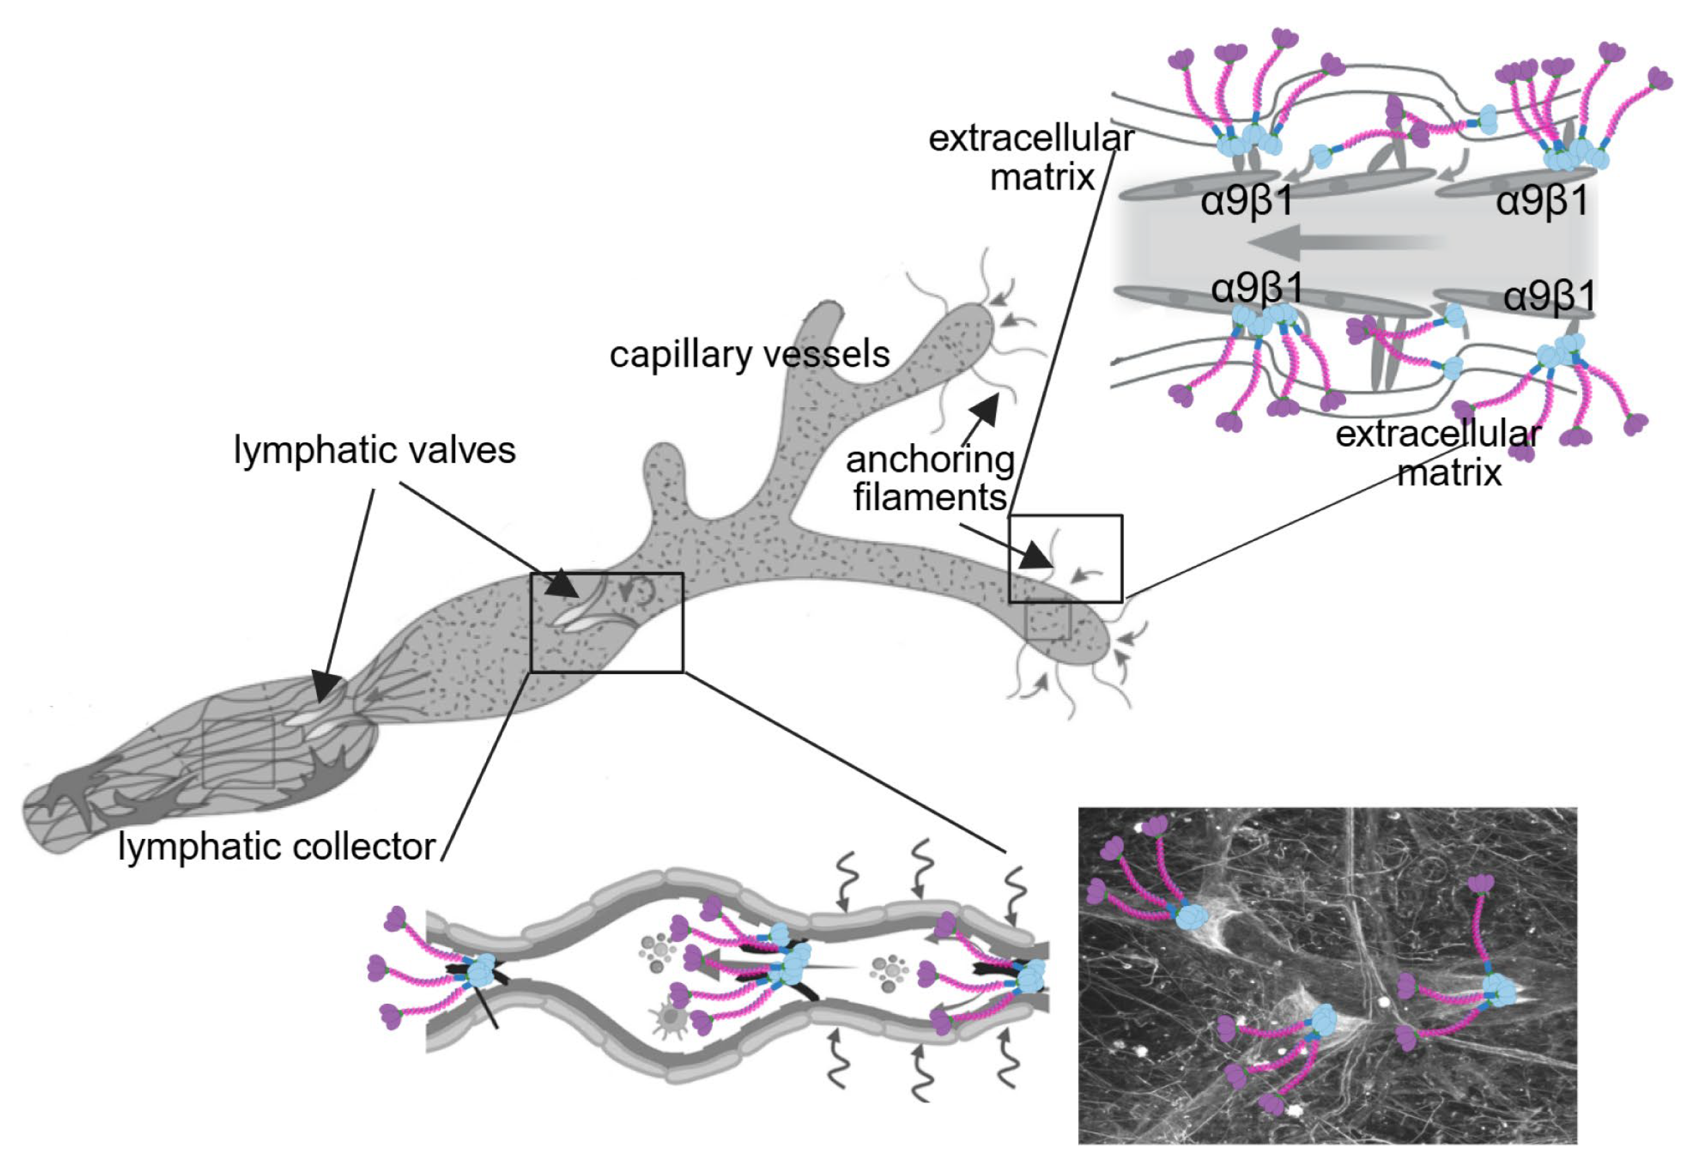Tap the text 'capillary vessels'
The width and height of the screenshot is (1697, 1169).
[749, 355]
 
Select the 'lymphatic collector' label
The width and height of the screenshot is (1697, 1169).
[277, 848]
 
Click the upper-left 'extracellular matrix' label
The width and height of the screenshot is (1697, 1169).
[1031, 158]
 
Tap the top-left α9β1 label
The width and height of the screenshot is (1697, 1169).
[1247, 200]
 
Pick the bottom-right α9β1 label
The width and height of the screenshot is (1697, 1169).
[1550, 297]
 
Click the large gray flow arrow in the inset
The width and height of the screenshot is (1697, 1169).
[1347, 242]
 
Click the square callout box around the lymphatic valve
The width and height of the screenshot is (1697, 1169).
[606, 622]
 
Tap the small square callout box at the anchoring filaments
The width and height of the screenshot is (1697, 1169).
[1065, 558]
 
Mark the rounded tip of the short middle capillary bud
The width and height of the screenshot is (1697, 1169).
[663, 458]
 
